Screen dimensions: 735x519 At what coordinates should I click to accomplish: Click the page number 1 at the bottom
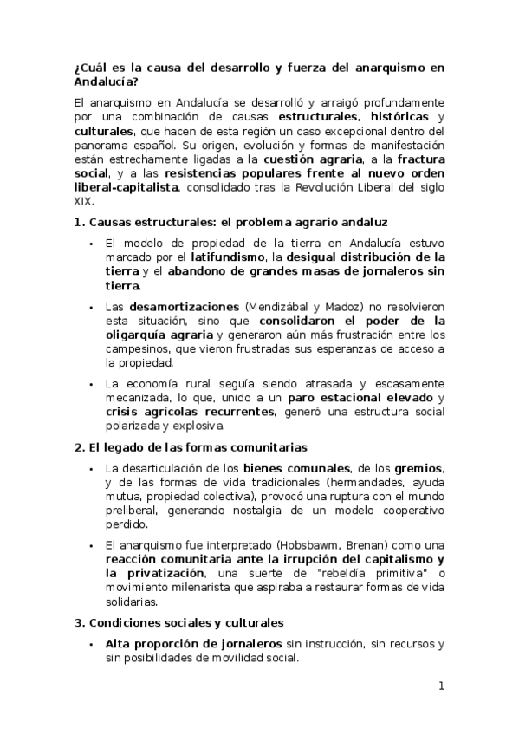[441, 687]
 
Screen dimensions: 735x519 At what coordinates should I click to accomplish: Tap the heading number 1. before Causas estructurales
[81, 222]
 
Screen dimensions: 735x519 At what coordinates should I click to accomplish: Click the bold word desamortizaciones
[185, 307]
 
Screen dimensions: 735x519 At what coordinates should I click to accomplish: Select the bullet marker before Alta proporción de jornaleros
[91, 644]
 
